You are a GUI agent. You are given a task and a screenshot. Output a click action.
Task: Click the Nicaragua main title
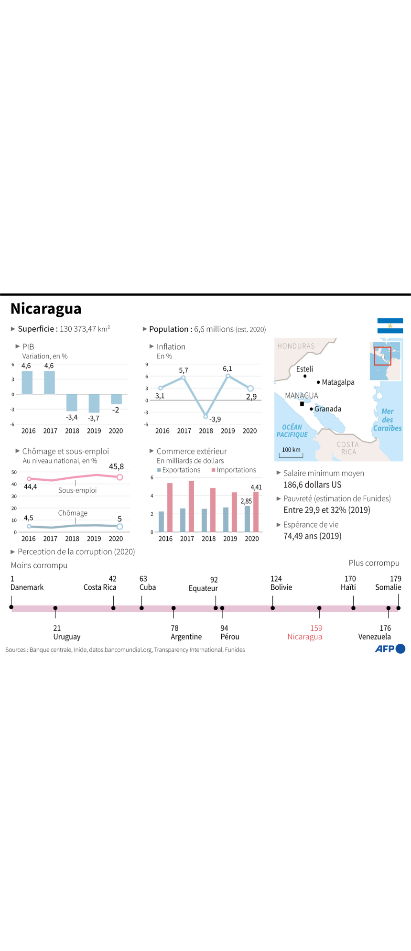pos(46,309)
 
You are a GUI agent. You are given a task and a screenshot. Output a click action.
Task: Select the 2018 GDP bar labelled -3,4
pos(72,402)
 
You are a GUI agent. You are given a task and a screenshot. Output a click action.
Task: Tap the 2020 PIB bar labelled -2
pos(116,399)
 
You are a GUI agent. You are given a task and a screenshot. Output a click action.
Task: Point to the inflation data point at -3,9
pos(205,417)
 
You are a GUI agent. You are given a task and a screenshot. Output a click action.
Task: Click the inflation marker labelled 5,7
pos(183,378)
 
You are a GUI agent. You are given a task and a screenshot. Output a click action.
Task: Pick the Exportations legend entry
pos(179,470)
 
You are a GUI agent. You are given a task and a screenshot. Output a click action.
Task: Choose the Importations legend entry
pos(234,470)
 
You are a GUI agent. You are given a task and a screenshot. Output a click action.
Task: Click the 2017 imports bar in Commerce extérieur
pos(191,506)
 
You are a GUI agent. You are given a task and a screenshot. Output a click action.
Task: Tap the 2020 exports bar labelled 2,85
pos(247,519)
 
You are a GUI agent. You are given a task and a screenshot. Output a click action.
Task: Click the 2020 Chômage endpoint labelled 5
pos(119,527)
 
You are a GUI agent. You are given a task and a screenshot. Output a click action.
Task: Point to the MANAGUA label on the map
pos(302,396)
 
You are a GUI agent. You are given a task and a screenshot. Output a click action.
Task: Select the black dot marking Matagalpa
pos(318,382)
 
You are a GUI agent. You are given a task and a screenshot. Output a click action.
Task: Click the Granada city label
pos(328,409)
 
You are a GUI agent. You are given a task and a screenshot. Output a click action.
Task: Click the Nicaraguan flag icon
pos(390,325)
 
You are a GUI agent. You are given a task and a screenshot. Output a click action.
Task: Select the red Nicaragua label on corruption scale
pos(305,637)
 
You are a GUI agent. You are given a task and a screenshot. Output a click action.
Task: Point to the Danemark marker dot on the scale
pos(11,607)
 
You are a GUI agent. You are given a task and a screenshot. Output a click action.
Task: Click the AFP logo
pos(390,648)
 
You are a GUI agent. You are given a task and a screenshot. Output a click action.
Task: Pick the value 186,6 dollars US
pos(313,485)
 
